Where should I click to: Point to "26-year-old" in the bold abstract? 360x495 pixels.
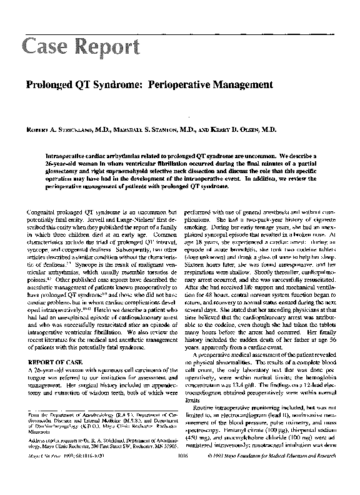click(59, 162)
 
